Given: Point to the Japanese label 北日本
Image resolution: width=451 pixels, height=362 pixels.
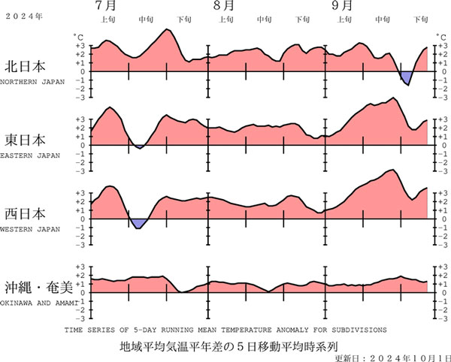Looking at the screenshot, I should pyautogui.click(x=25, y=65).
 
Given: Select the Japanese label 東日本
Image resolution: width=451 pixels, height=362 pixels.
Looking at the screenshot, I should pyautogui.click(x=25, y=140).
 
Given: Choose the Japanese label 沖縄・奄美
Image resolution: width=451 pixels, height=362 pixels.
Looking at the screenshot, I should pyautogui.click(x=37, y=286).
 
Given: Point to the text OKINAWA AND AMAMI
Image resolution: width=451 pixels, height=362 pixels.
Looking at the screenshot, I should pyautogui.click(x=36, y=303).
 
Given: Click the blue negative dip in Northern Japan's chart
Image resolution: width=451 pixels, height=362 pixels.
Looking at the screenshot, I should pyautogui.click(x=406, y=77).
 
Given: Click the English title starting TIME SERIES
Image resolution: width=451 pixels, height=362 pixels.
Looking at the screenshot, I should pyautogui.click(x=225, y=329).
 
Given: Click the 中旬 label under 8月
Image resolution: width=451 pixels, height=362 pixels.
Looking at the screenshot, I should pyautogui.click(x=263, y=20).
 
